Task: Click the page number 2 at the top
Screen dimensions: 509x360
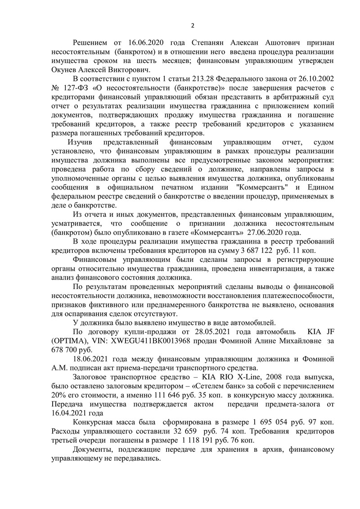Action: [x=192, y=25]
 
